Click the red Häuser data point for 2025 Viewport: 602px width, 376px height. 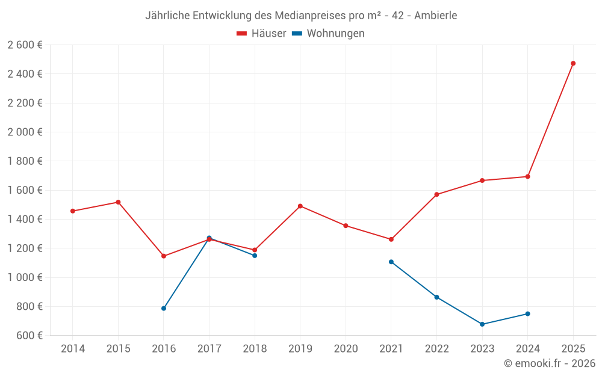(x=573, y=63)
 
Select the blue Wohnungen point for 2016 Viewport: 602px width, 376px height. (x=164, y=309)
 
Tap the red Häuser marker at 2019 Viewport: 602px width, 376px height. (x=300, y=206)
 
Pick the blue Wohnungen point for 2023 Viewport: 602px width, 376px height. (x=482, y=324)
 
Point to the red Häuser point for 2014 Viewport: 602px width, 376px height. (x=73, y=211)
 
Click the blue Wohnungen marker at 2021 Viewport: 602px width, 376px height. (x=391, y=262)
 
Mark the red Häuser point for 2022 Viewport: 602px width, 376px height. (x=436, y=194)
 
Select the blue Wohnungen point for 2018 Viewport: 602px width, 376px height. (x=255, y=256)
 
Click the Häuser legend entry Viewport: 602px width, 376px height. (x=261, y=34)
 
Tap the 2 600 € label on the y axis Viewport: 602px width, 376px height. (x=25, y=45)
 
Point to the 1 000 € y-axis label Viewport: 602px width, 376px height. (x=25, y=277)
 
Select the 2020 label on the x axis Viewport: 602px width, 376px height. (x=346, y=349)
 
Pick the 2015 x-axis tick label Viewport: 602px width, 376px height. (x=118, y=349)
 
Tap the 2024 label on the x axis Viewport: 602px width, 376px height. (x=527, y=349)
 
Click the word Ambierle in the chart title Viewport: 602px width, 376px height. (x=436, y=15)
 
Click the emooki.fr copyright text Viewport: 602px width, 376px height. (x=549, y=363)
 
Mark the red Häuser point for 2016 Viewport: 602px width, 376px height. (x=164, y=256)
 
